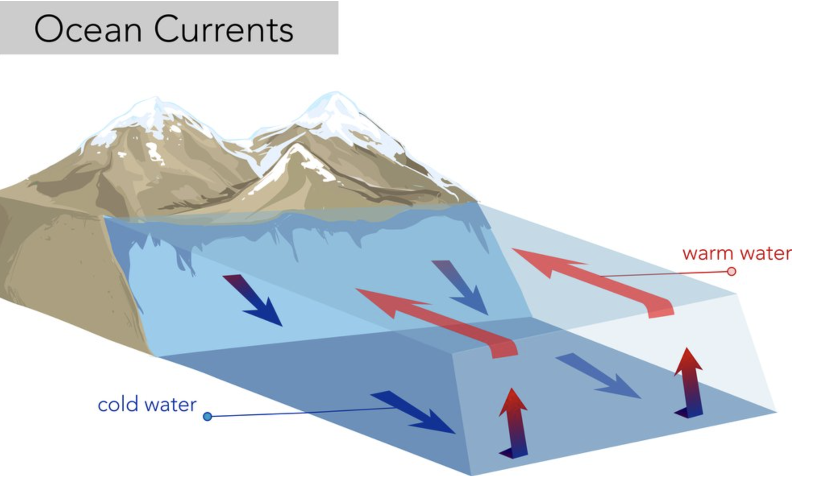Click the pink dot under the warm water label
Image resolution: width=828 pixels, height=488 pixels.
[x=731, y=271]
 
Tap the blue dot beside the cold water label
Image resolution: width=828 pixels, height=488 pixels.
[x=208, y=416]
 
